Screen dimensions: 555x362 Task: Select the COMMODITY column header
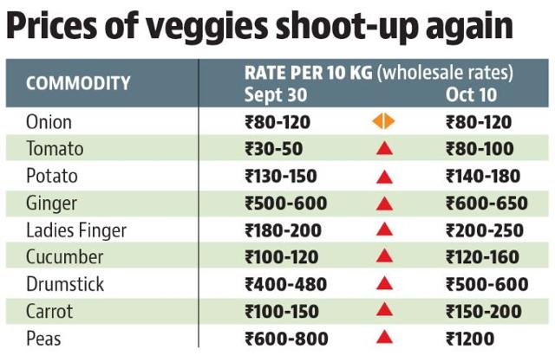coord(78,83)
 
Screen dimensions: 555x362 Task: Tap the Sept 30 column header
coord(276,94)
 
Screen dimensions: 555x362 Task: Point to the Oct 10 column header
coord(471,94)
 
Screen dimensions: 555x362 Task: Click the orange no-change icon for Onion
coord(383,121)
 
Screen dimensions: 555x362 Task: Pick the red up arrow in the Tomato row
coord(384,148)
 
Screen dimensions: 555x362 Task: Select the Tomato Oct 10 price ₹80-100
coord(480,148)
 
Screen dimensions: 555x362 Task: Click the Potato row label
coord(52,176)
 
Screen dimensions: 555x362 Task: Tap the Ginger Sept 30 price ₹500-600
coord(285,204)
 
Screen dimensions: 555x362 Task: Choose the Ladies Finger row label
coord(76,230)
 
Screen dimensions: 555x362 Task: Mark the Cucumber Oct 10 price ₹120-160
coord(482,257)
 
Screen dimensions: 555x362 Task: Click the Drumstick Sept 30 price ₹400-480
coord(285,284)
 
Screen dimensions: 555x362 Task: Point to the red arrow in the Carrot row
coord(384,309)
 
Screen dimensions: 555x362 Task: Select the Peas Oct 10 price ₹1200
coord(470,339)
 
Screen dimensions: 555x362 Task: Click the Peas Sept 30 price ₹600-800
coord(286,339)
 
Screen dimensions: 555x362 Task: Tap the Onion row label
coord(49,122)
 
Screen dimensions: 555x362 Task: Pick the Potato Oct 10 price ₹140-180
coord(483,176)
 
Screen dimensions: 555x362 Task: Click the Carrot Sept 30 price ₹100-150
coord(282,312)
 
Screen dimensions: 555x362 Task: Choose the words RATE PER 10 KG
coord(309,73)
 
